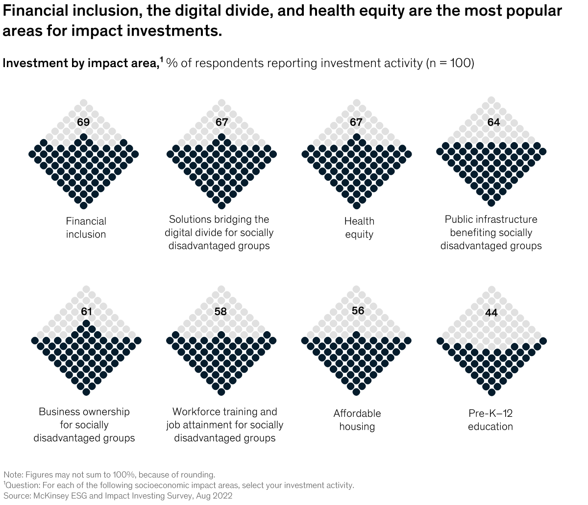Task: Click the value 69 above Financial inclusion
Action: [83, 122]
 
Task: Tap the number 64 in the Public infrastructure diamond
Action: [493, 122]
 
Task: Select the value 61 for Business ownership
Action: [86, 311]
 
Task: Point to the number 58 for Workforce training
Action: [220, 311]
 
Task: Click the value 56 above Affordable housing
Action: [358, 311]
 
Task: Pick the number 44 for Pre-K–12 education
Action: [491, 313]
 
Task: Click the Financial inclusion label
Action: [86, 228]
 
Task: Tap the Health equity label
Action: [359, 228]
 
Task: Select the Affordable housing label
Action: [357, 420]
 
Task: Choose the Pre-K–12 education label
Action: [490, 420]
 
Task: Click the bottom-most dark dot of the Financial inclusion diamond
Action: [84, 205]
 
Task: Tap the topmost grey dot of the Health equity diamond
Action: [356, 102]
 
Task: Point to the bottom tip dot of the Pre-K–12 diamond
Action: [491, 392]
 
